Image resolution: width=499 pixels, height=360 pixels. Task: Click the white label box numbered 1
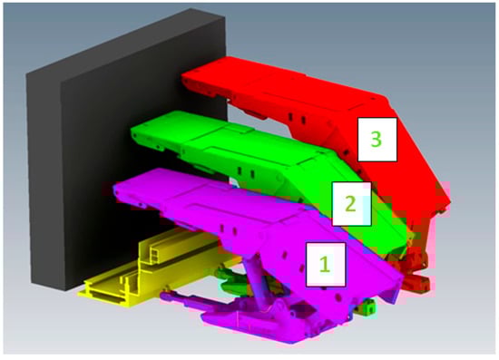pos(326,265)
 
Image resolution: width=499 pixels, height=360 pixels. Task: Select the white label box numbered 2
pos(351,204)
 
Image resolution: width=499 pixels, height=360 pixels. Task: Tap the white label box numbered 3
pos(377,140)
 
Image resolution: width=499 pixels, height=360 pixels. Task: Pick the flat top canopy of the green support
pos(230,140)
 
